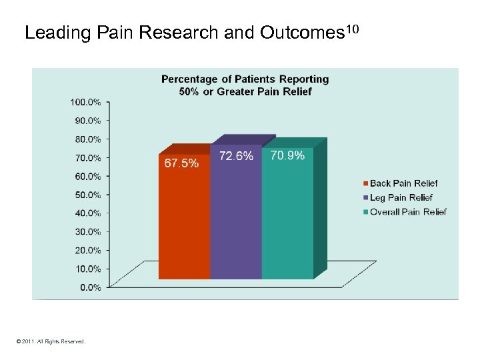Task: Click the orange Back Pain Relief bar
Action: (184, 220)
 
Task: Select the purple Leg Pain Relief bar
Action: (236, 220)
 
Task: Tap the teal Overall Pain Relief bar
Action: (287, 220)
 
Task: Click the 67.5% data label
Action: (181, 163)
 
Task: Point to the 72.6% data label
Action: (237, 156)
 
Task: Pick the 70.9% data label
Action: (287, 155)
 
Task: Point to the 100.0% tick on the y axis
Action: (85, 102)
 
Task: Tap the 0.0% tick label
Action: (89, 287)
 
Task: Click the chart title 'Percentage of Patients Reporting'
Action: (245, 79)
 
